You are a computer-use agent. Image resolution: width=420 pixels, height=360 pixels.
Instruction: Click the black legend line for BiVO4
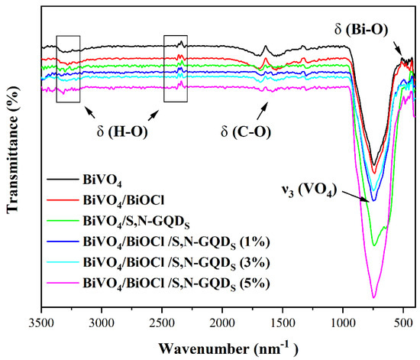pos(59,180)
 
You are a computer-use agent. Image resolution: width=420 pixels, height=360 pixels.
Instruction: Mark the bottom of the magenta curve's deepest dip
pos(373,297)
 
